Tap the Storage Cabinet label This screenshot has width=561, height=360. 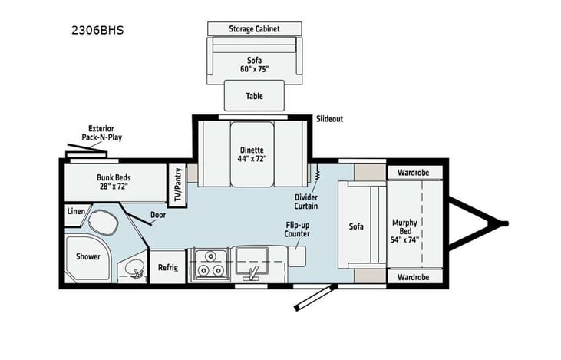pos(254,29)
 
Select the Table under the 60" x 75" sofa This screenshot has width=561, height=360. pos(254,96)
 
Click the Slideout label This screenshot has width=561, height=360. pos(330,120)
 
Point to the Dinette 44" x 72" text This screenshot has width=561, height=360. pos(252,154)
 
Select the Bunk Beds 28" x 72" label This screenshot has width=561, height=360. pos(113,181)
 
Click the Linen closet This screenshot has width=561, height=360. pos(75,210)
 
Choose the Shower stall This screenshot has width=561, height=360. pos(87,256)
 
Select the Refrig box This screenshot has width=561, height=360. pos(168,267)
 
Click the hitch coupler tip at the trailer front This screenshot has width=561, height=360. pos(504,223)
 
